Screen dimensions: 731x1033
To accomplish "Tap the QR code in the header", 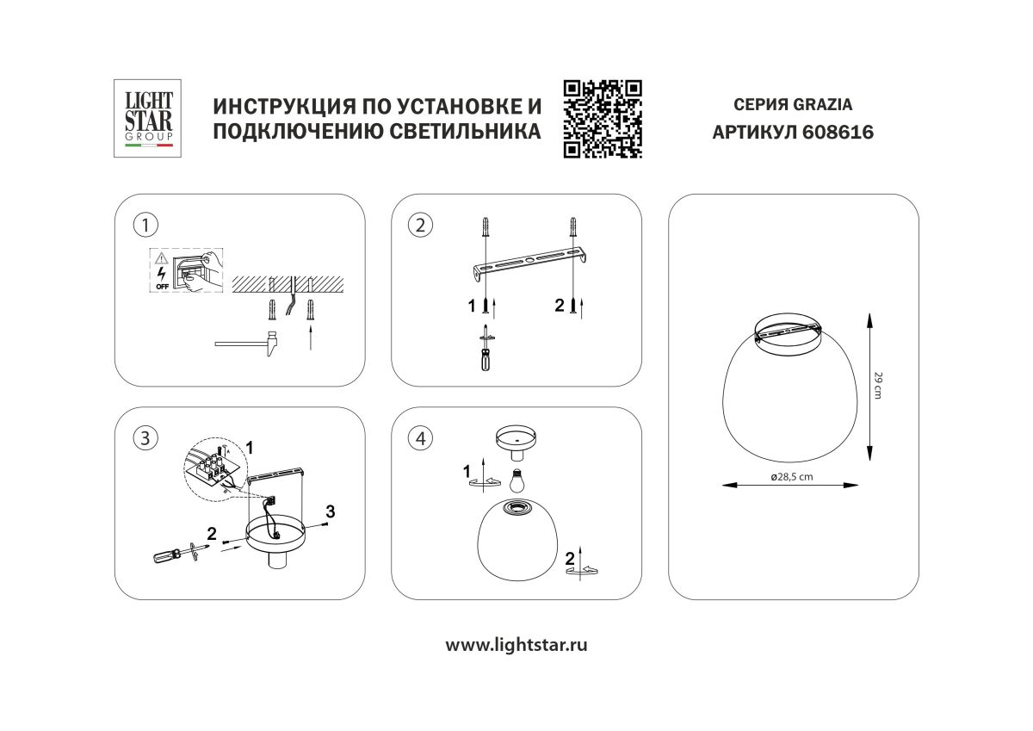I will pos(603,118).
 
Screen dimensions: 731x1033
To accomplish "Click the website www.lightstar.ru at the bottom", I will pos(516,644).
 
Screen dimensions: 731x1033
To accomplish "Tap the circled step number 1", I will pos(145,226).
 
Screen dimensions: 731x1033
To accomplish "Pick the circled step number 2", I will pos(421,226).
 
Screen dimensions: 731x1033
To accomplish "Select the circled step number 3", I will pos(145,438).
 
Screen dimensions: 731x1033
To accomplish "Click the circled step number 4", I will pos(421,438).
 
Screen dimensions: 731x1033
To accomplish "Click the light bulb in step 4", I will pos(517,479).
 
